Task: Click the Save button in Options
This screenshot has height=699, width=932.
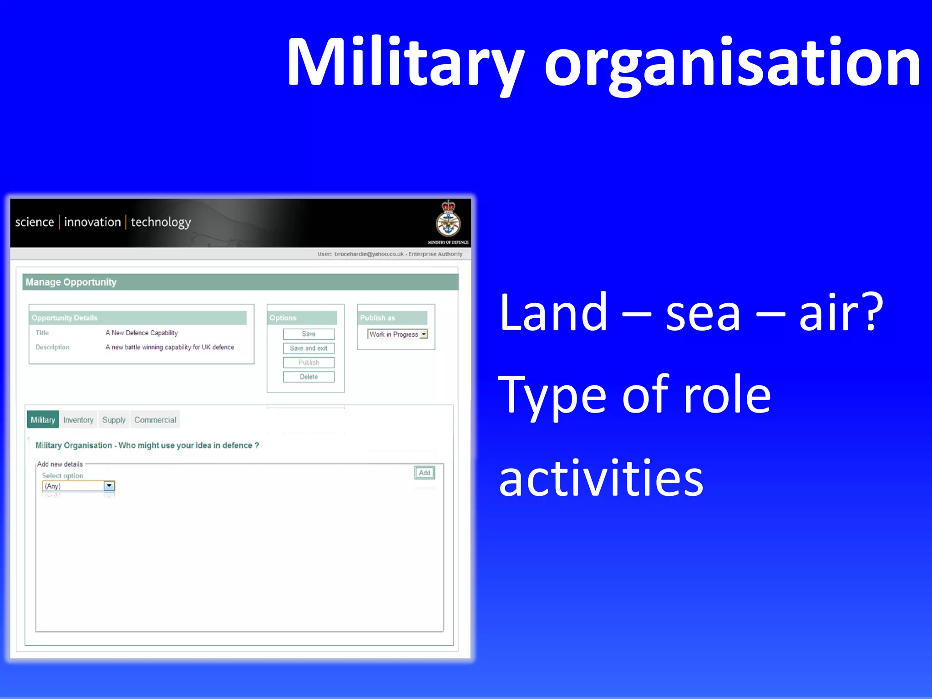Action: (x=309, y=334)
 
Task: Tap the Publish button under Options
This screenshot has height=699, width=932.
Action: (x=309, y=362)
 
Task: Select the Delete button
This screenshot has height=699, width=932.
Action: (x=309, y=377)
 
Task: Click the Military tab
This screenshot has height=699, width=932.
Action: (x=43, y=420)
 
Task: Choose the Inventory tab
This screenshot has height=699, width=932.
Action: (x=78, y=420)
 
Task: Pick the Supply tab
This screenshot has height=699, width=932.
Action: (x=114, y=420)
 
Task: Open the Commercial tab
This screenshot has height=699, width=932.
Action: (x=155, y=420)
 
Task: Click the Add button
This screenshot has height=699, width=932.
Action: (x=425, y=473)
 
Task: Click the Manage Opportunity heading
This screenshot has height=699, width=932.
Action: (x=71, y=282)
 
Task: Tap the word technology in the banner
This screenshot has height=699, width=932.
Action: (x=161, y=222)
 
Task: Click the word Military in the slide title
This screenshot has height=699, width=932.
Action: (x=405, y=62)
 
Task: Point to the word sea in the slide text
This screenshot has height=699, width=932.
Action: (x=703, y=313)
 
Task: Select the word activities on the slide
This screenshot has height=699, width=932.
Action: (x=601, y=479)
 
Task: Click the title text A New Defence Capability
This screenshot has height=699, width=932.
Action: (x=142, y=333)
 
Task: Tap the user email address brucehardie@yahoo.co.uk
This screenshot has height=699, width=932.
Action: (x=369, y=254)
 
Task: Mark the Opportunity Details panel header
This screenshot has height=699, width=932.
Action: (x=65, y=318)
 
